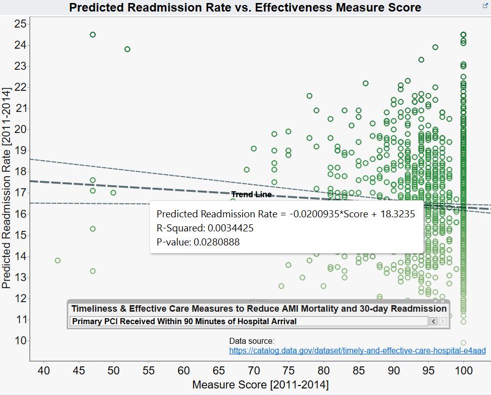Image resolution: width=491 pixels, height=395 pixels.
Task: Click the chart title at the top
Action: [x=245, y=8]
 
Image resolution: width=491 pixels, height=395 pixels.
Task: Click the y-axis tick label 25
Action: [x=21, y=24]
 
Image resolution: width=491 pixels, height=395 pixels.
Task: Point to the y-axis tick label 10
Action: [x=21, y=341]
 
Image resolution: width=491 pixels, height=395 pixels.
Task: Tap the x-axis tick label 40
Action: [x=44, y=372]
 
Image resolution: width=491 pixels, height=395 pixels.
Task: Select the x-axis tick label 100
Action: [x=463, y=372]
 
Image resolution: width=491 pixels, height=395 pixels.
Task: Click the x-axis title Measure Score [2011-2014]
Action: [x=260, y=385]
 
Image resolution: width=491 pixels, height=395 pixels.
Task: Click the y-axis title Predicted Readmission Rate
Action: [x=7, y=188]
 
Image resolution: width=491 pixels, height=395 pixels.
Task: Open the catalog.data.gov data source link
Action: [x=357, y=351]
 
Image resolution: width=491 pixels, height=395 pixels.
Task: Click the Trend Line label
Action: [x=251, y=195]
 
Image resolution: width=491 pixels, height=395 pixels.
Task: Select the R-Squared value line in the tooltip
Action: [x=205, y=228]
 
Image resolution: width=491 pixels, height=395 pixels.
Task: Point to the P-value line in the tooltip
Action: [x=198, y=242]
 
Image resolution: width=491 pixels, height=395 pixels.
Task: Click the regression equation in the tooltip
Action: [x=285, y=214]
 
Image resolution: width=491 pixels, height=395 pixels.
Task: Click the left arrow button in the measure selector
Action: [x=433, y=321]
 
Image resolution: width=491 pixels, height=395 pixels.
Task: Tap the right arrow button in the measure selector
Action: [x=443, y=321]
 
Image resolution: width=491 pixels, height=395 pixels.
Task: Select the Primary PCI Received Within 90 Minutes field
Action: [x=248, y=321]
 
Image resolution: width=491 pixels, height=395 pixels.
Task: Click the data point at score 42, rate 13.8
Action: [x=58, y=260]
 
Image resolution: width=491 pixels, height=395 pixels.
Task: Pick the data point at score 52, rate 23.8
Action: [x=127, y=49]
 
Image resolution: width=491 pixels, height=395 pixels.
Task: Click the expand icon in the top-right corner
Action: [x=485, y=5]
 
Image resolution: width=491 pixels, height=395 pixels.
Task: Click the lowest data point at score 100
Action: [x=463, y=343]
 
